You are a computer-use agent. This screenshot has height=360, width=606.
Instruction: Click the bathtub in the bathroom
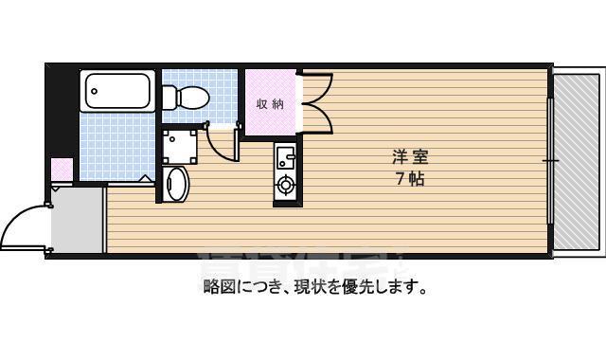point(118,92)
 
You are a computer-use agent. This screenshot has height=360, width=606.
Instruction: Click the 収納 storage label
point(270,104)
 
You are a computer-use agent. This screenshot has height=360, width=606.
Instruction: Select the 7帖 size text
point(409,179)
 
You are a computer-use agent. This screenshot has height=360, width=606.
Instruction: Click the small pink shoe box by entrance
point(62,171)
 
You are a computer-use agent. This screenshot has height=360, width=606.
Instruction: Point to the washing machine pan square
point(178,145)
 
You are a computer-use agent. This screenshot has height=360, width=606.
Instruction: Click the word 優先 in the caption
point(363,285)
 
